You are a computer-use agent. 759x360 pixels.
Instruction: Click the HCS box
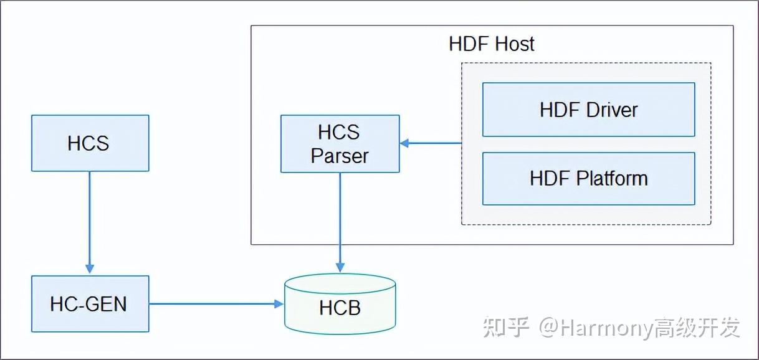(90, 143)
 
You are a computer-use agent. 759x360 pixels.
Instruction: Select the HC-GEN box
(90, 304)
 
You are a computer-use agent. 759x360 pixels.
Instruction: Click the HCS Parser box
(340, 144)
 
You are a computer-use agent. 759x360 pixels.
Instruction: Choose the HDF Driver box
(588, 110)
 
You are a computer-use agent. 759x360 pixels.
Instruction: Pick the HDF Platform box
(588, 179)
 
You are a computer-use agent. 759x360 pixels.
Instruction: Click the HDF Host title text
(491, 44)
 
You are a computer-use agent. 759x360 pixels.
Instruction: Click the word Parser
(340, 156)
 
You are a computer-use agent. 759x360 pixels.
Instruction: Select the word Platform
(611, 179)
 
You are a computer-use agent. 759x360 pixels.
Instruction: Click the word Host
(515, 44)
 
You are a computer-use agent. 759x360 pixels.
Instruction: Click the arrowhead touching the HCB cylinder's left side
(279, 304)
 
